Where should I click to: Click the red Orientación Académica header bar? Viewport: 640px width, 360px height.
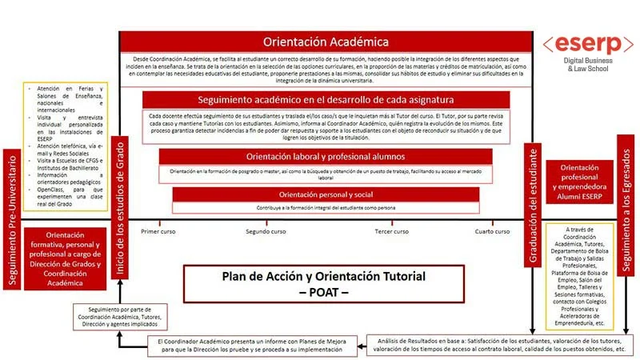(x=326, y=42)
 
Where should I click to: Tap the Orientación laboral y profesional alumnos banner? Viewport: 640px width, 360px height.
(x=318, y=157)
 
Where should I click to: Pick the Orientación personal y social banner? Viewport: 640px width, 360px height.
(x=318, y=194)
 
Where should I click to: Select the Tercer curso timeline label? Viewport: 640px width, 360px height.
(x=392, y=231)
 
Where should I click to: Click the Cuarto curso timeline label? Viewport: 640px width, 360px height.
(x=492, y=231)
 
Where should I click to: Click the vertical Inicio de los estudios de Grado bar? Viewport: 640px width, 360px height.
(x=119, y=206)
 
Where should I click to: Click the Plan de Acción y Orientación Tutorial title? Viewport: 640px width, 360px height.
(x=323, y=277)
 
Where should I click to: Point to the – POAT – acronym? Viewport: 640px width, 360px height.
(x=323, y=292)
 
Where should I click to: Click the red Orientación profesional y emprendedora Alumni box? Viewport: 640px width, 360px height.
(x=579, y=180)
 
